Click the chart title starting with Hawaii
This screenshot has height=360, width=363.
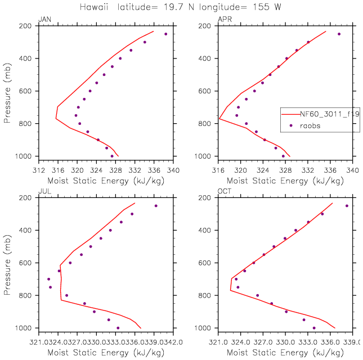(181, 6)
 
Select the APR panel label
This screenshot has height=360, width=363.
(224, 20)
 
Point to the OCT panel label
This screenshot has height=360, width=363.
(225, 192)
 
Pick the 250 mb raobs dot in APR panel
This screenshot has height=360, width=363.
(339, 34)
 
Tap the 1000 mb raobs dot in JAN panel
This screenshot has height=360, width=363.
(112, 156)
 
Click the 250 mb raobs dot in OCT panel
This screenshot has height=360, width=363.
(347, 206)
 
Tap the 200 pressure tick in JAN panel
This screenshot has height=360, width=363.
(28, 26)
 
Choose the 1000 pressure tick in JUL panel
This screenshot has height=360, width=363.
(26, 328)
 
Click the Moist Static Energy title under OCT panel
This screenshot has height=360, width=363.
(285, 352)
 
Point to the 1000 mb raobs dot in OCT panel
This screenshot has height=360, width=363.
(314, 328)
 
